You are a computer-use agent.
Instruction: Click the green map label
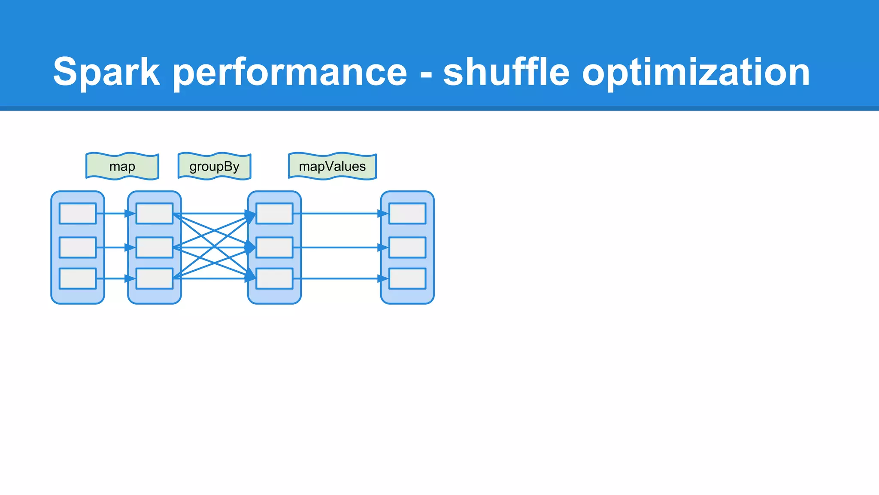[x=122, y=166]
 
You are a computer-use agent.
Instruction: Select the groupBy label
[x=214, y=166]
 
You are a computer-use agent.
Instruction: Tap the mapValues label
[x=332, y=166]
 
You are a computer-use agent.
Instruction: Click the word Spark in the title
[x=106, y=72]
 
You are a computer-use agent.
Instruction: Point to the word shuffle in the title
[x=506, y=72]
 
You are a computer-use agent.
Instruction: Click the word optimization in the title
[x=696, y=72]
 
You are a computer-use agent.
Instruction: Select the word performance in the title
[x=290, y=72]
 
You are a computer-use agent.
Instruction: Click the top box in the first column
[x=78, y=214]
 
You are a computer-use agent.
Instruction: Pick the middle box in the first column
[x=78, y=247]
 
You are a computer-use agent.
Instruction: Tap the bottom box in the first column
[x=78, y=278]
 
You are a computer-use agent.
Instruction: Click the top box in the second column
[x=155, y=214]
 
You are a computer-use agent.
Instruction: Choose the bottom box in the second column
[x=155, y=278]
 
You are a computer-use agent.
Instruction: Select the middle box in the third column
[x=275, y=247]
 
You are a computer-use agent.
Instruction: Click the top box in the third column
[x=275, y=214]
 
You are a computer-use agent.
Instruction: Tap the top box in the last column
[x=407, y=214]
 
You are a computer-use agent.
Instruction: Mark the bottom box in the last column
[x=407, y=278]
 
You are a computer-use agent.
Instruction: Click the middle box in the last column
[x=407, y=247]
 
